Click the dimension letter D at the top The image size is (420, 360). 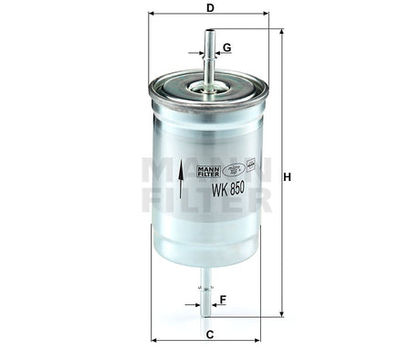click(x=210, y=8)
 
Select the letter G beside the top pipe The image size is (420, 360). click(x=226, y=47)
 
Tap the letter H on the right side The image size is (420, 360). click(x=287, y=176)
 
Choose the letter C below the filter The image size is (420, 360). click(x=209, y=335)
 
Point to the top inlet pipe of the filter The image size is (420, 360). click(x=209, y=55)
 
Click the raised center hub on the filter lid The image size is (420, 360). click(x=209, y=89)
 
